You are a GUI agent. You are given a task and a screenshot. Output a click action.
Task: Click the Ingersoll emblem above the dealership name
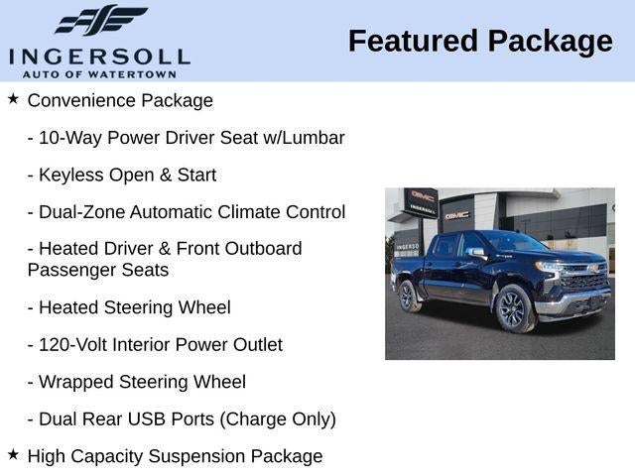(100, 20)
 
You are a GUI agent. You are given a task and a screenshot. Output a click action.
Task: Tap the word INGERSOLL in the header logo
(99, 56)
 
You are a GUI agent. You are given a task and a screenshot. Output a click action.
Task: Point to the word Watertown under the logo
(139, 74)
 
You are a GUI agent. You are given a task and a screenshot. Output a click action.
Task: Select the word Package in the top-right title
(551, 42)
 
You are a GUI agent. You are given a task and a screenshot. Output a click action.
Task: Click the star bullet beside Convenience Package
(13, 99)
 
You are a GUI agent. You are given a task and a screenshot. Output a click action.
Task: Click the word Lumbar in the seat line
(316, 138)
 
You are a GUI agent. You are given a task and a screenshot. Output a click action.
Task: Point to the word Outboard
(260, 249)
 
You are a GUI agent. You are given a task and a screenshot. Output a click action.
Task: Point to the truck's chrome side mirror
(478, 253)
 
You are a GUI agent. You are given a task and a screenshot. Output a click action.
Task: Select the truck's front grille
(585, 281)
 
